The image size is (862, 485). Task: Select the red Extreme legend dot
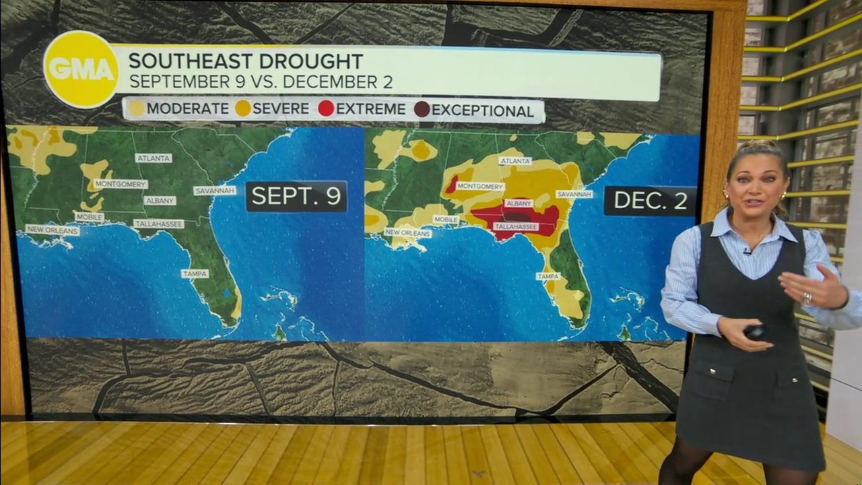click(327, 108)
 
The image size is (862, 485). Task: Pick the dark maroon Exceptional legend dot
click(422, 109)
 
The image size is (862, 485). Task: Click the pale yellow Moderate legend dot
click(137, 108)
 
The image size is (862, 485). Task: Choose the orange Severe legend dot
click(243, 108)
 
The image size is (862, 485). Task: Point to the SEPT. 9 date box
click(296, 196)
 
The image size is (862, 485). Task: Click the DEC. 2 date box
click(650, 201)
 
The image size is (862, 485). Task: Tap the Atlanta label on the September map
click(154, 158)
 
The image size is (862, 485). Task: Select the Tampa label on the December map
click(548, 276)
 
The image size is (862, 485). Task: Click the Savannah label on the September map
click(215, 191)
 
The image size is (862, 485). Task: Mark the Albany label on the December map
click(519, 203)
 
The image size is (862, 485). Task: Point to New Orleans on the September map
click(53, 230)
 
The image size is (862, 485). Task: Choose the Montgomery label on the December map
click(480, 186)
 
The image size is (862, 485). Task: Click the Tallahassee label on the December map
click(516, 227)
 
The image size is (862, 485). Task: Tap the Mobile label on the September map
click(90, 217)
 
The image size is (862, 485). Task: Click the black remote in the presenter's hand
click(755, 331)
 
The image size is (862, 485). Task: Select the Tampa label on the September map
click(195, 273)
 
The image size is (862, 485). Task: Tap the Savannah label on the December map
click(574, 194)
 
